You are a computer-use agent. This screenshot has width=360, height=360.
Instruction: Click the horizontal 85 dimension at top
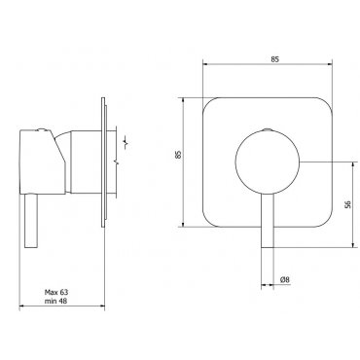point(274,59)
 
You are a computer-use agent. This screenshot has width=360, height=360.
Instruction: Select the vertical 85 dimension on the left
point(177,154)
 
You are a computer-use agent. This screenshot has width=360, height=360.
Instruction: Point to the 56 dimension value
point(348,204)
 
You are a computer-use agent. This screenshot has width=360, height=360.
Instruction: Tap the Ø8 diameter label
point(285,279)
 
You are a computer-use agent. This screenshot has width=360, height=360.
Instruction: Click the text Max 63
point(56,292)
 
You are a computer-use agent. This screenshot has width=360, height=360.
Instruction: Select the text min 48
point(56,301)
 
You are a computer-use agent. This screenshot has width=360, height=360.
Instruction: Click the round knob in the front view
point(268,162)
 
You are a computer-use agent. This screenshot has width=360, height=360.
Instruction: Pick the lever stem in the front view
point(268,221)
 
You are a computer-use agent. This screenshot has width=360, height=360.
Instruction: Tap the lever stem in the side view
point(31,221)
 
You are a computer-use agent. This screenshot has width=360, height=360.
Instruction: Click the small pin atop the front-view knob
point(268,129)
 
